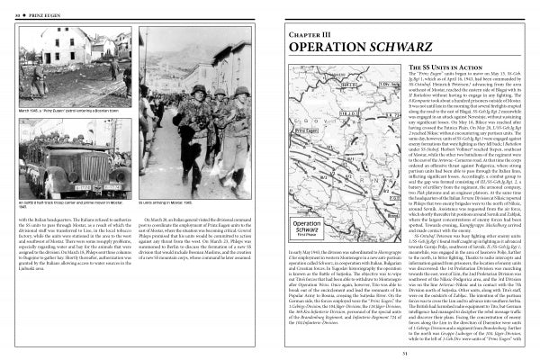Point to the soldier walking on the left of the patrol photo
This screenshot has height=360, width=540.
[31, 67]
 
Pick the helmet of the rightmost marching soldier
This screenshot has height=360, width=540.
[242, 92]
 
